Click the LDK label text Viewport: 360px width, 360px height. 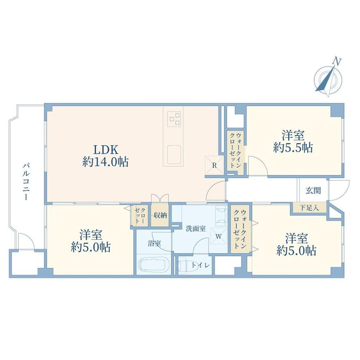[105, 150]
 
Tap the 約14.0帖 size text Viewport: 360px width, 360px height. [105, 162]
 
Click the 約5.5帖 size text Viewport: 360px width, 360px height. [293, 148]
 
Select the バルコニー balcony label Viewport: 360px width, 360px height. [26, 182]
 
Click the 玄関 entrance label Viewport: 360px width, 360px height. [313, 191]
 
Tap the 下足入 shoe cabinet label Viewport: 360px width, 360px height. [310, 208]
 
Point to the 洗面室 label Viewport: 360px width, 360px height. [196, 229]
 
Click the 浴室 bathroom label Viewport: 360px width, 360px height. [154, 243]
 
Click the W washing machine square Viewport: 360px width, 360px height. [218, 236]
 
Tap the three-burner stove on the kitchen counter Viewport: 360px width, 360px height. [174, 119]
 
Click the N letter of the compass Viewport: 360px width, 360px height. [337, 61]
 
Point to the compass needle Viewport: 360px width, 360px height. [325, 79]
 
